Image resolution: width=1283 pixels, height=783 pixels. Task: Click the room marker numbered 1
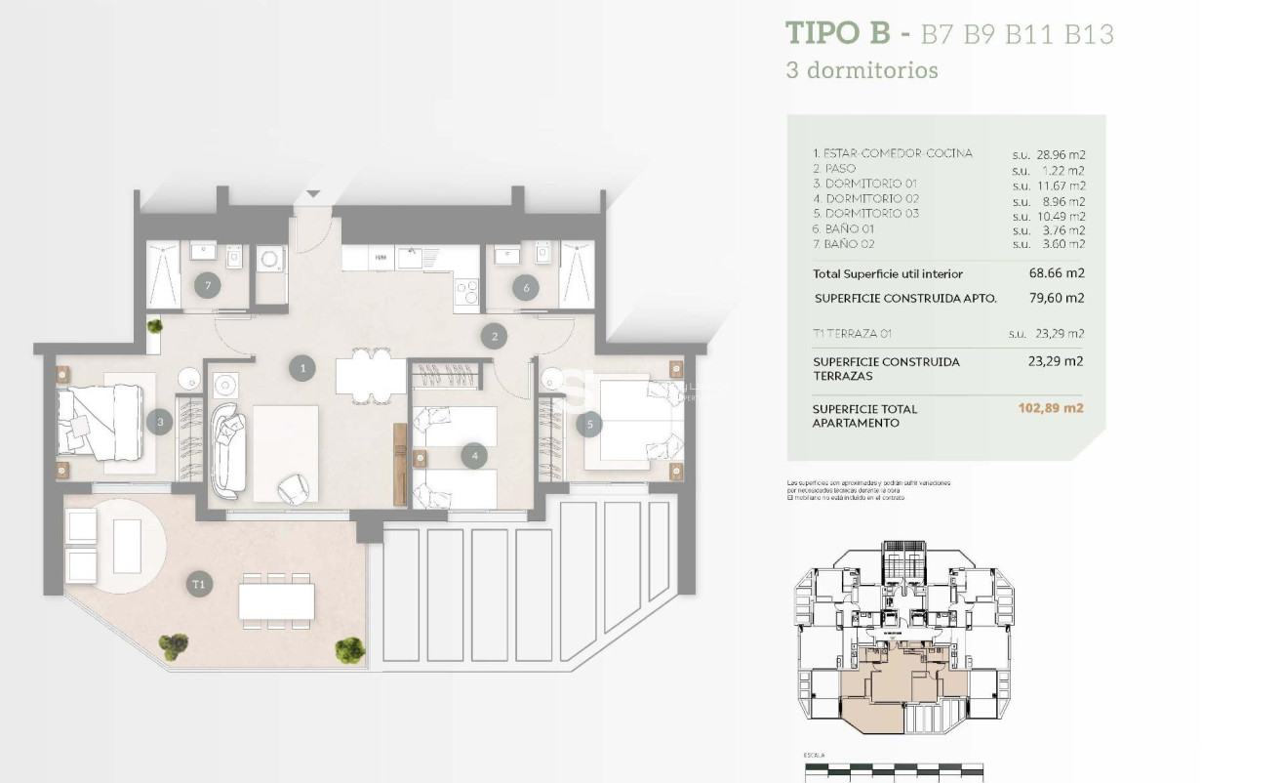[x=303, y=368]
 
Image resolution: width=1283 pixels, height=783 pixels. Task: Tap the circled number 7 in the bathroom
[x=206, y=286]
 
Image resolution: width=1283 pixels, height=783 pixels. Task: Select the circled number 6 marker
[x=526, y=287]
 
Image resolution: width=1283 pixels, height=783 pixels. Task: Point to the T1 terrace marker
[x=200, y=585]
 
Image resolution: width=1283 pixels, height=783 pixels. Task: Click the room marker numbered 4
[x=474, y=455]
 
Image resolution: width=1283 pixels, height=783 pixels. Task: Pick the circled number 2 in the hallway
[x=495, y=337]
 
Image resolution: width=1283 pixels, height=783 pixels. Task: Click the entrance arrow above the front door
[x=313, y=194]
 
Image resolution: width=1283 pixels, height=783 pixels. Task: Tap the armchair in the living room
[x=293, y=488]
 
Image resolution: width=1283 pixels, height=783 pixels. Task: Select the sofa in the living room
[x=229, y=448]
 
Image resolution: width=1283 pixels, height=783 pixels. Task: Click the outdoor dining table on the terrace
[x=276, y=599]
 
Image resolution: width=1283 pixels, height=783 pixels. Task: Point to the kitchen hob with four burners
[x=467, y=291]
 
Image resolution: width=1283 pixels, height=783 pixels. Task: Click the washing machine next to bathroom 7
[x=269, y=260]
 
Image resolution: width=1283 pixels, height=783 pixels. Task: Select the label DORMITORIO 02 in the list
[x=871, y=198]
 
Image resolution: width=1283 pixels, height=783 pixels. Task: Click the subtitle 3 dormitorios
[x=862, y=70]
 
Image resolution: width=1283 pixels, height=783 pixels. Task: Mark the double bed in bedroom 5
[x=639, y=420]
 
